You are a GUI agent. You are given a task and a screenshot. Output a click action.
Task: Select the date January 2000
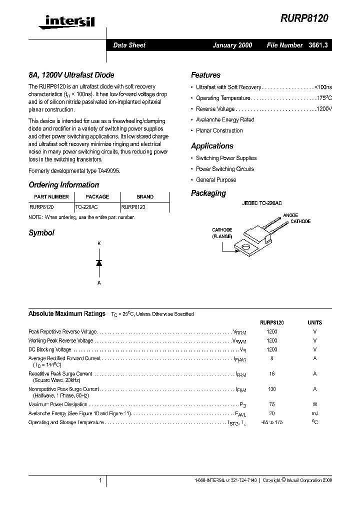[232, 45]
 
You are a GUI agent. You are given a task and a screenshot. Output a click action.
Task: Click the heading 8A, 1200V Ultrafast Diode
[71, 75]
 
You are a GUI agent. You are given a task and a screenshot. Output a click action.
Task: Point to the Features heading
[205, 75]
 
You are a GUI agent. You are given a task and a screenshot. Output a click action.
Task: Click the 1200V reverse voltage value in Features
[323, 109]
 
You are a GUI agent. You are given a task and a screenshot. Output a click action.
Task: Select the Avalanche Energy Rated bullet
[225, 120]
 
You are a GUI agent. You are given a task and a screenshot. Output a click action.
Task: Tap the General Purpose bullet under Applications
[216, 180]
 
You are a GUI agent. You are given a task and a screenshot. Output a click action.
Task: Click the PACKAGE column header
[97, 197]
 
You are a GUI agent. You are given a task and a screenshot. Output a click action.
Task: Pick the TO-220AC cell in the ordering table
[89, 206]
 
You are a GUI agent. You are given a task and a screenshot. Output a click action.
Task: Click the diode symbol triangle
[99, 262]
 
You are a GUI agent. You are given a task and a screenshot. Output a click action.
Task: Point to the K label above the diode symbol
[99, 243]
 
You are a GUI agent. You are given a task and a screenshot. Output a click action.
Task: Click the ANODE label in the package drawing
[290, 215]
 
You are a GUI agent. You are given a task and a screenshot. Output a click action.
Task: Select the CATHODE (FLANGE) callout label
[221, 233]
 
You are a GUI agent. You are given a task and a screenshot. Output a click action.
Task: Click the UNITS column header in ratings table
[314, 323]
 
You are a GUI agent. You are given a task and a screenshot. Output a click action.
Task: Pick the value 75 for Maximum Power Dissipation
[272, 404]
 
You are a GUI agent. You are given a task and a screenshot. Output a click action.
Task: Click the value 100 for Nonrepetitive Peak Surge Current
[272, 389]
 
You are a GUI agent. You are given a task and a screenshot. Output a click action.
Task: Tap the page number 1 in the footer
[100, 480]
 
